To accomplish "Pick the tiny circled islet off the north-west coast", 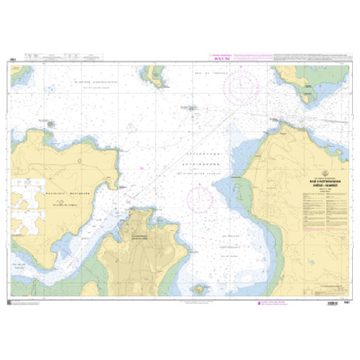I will pos(52,123).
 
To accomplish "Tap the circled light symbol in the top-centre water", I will pos(190,108).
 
